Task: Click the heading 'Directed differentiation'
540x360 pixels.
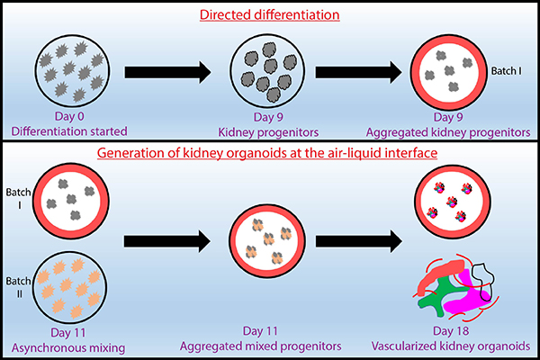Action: click(x=269, y=14)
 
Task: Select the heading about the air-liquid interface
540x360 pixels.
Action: click(x=269, y=156)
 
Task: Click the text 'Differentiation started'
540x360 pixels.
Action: click(x=74, y=131)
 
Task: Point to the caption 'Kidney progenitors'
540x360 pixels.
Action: click(x=269, y=131)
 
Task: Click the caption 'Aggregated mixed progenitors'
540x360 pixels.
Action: click(x=270, y=346)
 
